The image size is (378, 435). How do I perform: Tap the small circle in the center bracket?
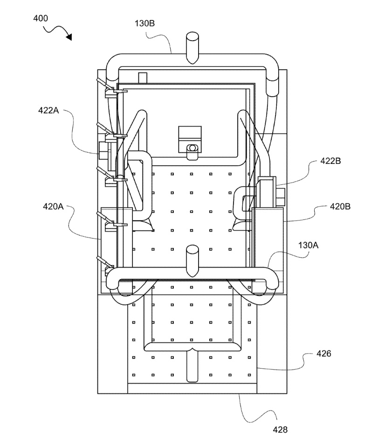click(192, 148)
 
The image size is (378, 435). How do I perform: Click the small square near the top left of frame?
click(143, 77)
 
